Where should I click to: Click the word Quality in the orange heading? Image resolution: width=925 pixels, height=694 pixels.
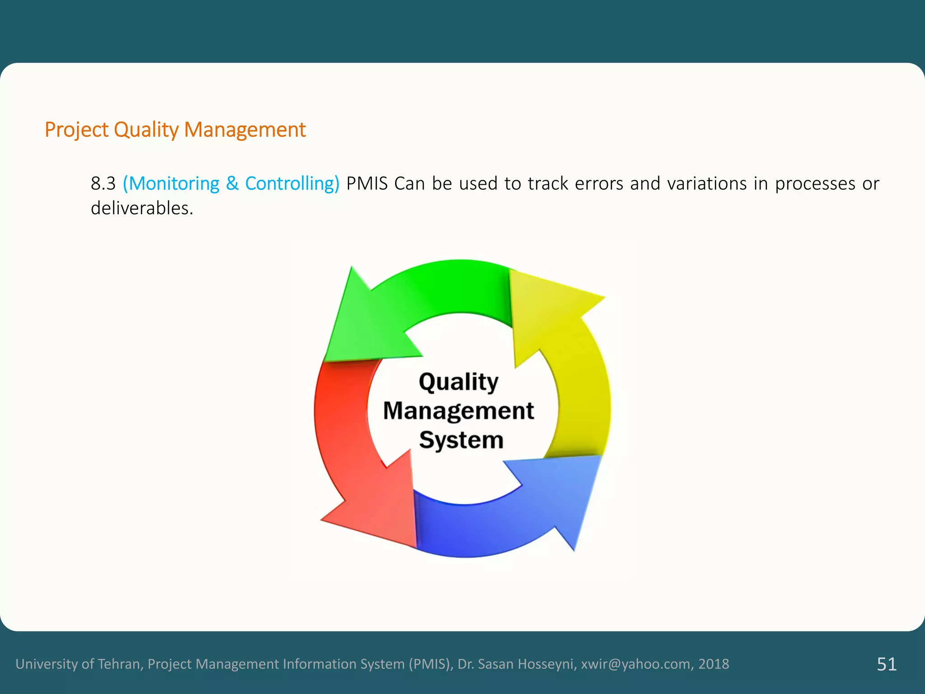click(146, 130)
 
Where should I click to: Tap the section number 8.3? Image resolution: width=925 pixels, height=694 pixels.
click(103, 184)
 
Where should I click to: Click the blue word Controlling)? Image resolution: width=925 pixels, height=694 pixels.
click(292, 184)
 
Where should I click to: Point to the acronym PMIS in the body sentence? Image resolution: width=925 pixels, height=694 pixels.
click(367, 184)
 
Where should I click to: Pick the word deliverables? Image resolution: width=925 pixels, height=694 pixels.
click(142, 208)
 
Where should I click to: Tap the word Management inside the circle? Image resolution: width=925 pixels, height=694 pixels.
click(458, 411)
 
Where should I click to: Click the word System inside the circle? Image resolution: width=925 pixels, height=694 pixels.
click(461, 440)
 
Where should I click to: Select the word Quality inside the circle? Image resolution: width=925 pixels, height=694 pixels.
click(458, 382)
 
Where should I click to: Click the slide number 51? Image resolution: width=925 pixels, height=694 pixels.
click(887, 664)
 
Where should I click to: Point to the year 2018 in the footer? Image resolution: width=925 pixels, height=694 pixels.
click(714, 664)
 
